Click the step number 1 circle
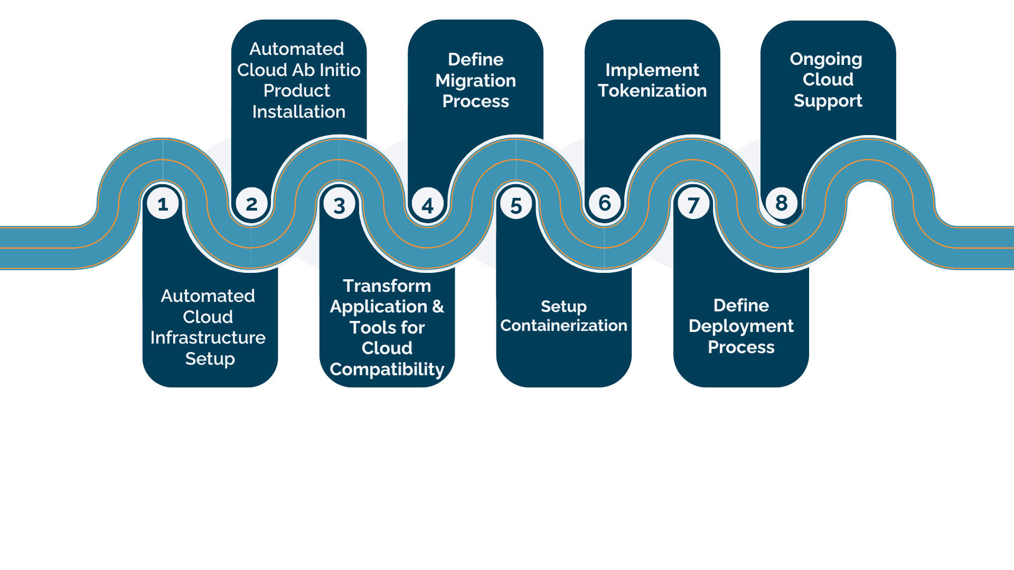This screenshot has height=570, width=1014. tap(163, 204)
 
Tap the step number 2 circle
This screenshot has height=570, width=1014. tap(251, 204)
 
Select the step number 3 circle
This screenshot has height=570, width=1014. tap(340, 205)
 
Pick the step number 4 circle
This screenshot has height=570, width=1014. tap(428, 205)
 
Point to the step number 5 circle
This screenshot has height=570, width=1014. tap(516, 205)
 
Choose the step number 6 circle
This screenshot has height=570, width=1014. tap(605, 203)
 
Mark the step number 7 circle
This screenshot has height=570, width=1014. tap(693, 205)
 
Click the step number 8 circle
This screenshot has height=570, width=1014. tap(782, 203)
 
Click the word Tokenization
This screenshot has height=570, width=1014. tap(652, 91)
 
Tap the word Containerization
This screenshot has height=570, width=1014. tap(564, 326)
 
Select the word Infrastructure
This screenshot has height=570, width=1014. tap(208, 338)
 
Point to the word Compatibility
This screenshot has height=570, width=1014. tap(387, 369)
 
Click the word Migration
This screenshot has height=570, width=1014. tap(475, 81)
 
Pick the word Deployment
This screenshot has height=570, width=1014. tap(741, 327)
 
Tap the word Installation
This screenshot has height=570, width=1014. tap(299, 112)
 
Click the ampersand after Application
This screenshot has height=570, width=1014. tap(438, 307)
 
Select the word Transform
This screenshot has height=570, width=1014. tap(387, 286)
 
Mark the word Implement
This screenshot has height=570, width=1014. tap(652, 70)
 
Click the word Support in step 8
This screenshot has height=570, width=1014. tap(828, 101)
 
